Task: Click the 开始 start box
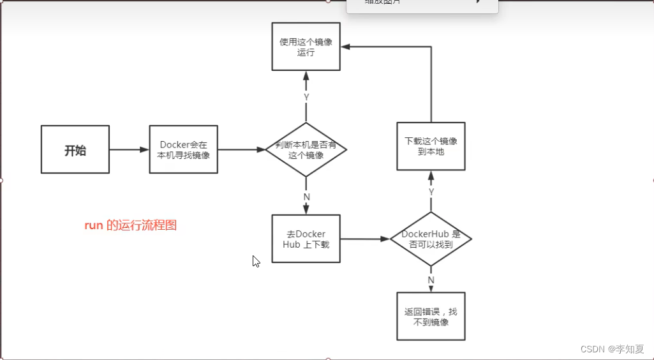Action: tap(75, 150)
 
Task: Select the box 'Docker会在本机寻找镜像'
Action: tap(184, 150)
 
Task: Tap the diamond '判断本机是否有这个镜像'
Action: tap(306, 150)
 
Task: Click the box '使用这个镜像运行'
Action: tap(306, 47)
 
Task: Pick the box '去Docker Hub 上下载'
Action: tap(306, 239)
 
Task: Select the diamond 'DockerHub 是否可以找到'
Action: tap(431, 239)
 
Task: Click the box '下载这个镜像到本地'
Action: tap(431, 146)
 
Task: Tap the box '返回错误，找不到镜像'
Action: tap(431, 317)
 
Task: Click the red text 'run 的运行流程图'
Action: tap(130, 225)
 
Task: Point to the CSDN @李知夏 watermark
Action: tap(613, 349)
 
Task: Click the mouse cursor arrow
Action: tap(255, 260)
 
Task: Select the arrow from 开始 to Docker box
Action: tap(129, 150)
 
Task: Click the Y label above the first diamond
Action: tap(306, 97)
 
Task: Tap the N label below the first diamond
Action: tap(306, 197)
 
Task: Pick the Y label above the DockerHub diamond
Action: tap(431, 191)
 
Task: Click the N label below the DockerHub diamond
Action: tap(431, 280)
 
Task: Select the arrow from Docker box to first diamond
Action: tap(241, 150)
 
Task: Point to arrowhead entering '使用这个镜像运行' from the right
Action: tap(345, 47)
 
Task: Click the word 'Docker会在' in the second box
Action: tap(184, 145)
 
